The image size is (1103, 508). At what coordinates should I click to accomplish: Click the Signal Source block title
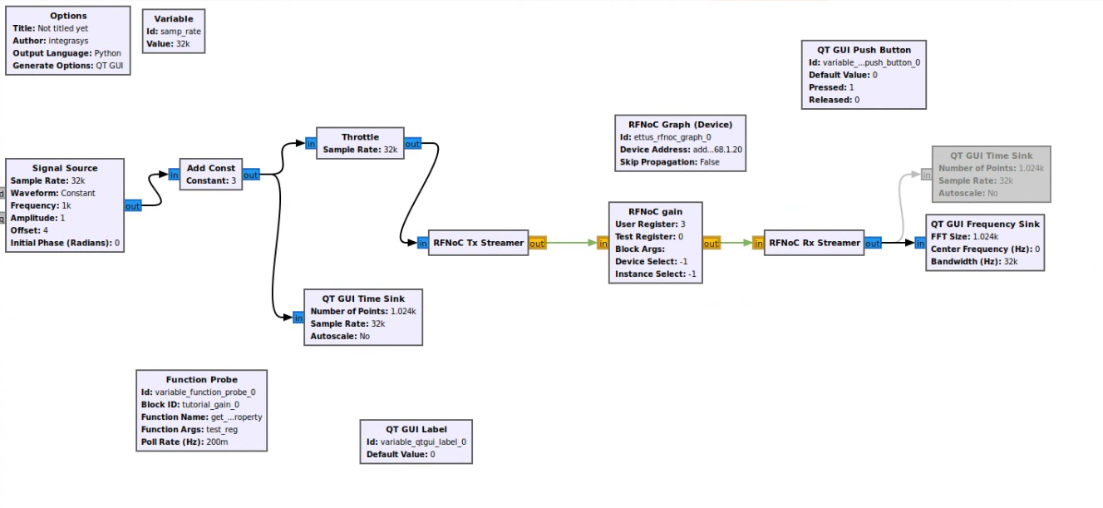[x=65, y=168]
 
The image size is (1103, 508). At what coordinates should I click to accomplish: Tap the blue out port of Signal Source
[x=132, y=205]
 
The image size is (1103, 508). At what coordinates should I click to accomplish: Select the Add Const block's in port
[x=174, y=175]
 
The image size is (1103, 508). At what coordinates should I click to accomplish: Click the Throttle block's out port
[x=412, y=144]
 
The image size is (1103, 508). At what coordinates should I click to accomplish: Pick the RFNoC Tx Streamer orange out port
[x=537, y=244]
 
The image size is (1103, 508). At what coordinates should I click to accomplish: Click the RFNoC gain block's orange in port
[x=603, y=244]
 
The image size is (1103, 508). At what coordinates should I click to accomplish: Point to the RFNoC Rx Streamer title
[x=815, y=243]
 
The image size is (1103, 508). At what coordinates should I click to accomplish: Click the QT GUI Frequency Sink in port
[x=919, y=244]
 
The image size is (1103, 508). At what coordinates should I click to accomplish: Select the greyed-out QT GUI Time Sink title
[x=991, y=155]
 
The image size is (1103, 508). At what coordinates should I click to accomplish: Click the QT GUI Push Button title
[x=864, y=50]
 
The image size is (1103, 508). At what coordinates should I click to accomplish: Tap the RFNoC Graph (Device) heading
[x=680, y=125]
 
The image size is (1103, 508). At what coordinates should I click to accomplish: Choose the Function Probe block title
[x=201, y=379]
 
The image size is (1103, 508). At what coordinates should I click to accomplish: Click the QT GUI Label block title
[x=416, y=429]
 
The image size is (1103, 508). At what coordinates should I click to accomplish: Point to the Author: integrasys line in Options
[x=51, y=41]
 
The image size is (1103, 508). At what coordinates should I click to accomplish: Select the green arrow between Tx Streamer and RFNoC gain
[x=571, y=244]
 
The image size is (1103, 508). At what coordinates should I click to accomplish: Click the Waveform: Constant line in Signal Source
[x=52, y=193]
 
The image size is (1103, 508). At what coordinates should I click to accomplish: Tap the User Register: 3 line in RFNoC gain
[x=650, y=224]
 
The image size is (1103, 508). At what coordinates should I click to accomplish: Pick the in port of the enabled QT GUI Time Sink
[x=298, y=318]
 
